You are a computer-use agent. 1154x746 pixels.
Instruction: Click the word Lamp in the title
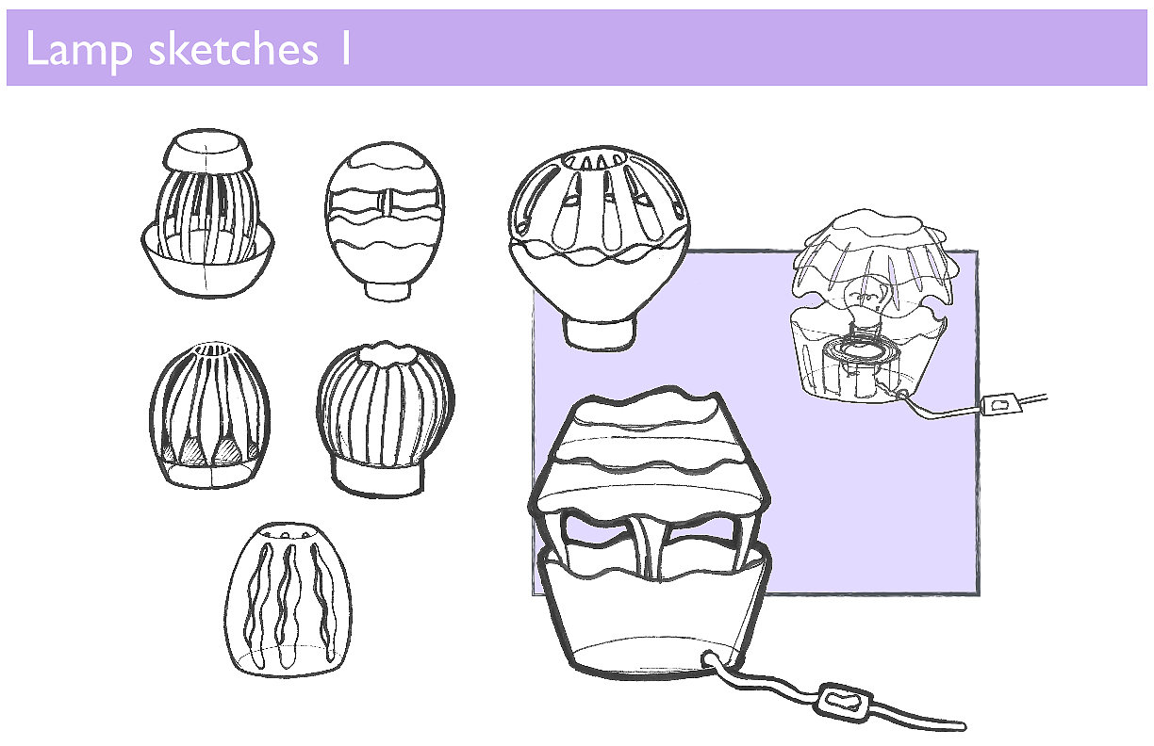pyautogui.click(x=78, y=50)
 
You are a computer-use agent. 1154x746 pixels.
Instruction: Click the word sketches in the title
pyautogui.click(x=234, y=50)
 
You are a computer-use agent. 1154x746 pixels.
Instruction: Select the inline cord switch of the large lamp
pyautogui.click(x=843, y=701)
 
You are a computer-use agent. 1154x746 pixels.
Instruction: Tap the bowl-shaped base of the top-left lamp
pyautogui.click(x=206, y=264)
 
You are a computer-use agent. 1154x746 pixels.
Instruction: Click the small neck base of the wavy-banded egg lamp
pyautogui.click(x=388, y=284)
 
